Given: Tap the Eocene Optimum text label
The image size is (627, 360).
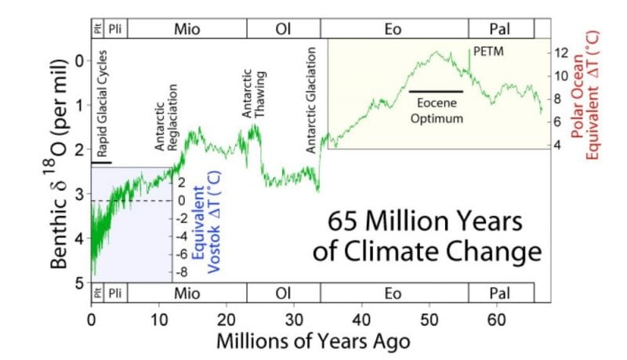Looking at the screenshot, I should click(436, 111).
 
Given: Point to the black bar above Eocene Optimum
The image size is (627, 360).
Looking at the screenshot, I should click(436, 92).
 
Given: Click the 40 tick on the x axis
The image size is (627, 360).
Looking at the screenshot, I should click(361, 320).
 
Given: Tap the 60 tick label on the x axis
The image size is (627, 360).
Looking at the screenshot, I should click(496, 320).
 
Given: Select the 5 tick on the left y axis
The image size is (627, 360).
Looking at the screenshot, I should click(78, 282).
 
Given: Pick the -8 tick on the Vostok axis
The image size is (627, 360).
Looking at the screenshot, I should click(179, 272).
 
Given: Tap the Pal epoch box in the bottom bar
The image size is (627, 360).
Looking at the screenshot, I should click(501, 292).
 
